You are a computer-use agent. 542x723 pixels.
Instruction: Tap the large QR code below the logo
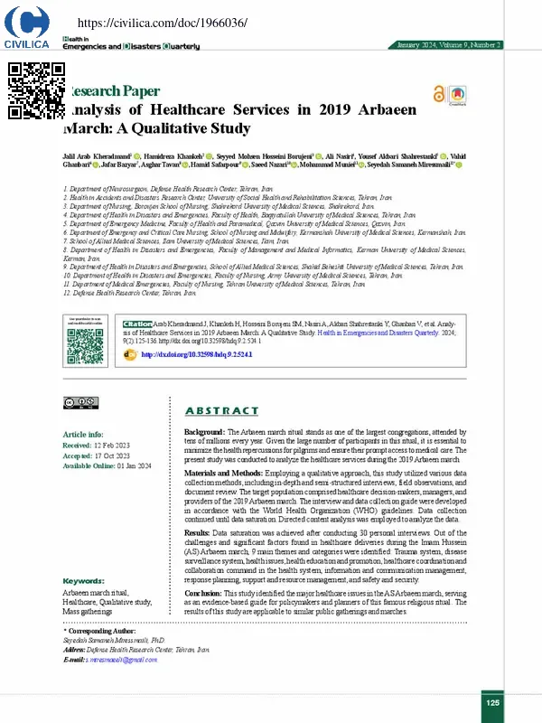pyautogui.click(x=36, y=89)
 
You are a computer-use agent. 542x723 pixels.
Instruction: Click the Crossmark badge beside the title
pyautogui.click(x=459, y=94)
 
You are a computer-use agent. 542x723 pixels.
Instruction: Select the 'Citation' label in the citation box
pyautogui.click(x=138, y=324)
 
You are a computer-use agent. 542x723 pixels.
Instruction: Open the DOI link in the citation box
pyautogui.click(x=186, y=355)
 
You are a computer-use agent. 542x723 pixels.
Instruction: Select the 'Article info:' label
pyautogui.click(x=82, y=435)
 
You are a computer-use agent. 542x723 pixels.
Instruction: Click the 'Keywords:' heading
pyautogui.click(x=83, y=580)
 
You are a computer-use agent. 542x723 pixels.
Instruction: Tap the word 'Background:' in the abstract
pyautogui.click(x=204, y=434)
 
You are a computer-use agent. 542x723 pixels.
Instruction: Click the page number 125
pyautogui.click(x=492, y=702)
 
